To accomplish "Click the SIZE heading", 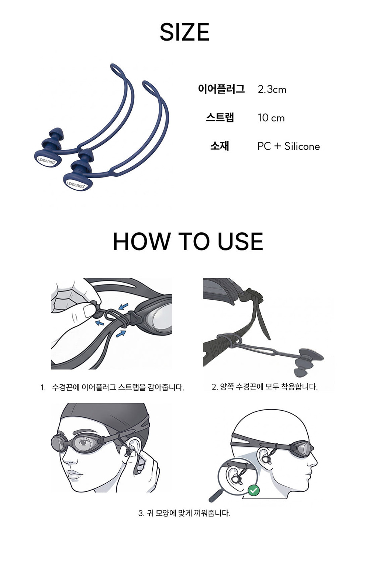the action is click(184, 32).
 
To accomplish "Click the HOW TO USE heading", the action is click(188, 241).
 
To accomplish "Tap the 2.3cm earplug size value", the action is click(272, 90).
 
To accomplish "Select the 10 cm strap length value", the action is click(271, 118).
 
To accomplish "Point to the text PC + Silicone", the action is click(289, 146).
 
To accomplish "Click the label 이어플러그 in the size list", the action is click(221, 89).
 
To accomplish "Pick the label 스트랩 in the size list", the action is click(220, 117).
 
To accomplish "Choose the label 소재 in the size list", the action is click(220, 146).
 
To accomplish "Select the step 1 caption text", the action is click(112, 387).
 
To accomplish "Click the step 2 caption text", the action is click(265, 387).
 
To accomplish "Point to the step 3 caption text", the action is click(184, 513).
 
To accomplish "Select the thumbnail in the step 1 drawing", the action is click(88, 310).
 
